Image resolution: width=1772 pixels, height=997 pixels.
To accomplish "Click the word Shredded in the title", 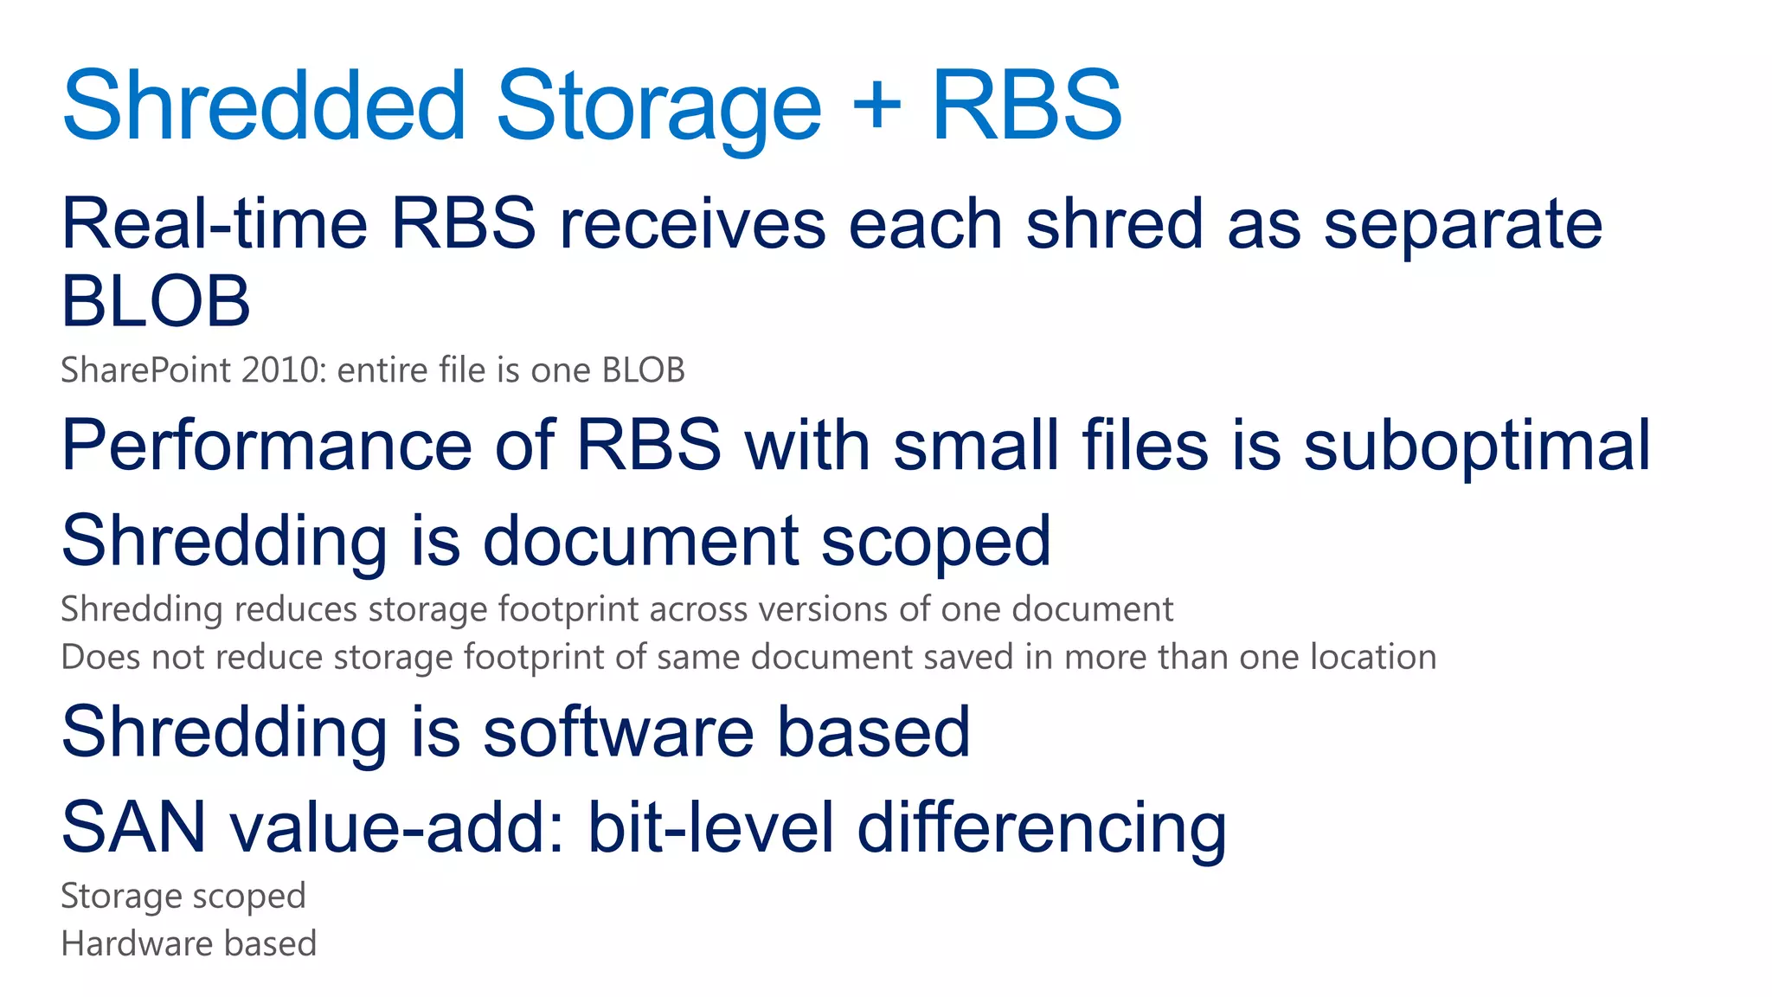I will (x=264, y=106).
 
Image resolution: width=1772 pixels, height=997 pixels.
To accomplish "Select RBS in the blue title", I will (x=1026, y=106).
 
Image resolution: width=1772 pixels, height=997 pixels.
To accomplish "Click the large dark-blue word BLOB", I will (x=156, y=301).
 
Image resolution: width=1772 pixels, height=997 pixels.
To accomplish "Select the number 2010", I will (x=280, y=370).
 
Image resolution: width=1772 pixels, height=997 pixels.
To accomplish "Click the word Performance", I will (x=266, y=446).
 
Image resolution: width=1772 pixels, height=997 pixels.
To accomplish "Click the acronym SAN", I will (x=134, y=827).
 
